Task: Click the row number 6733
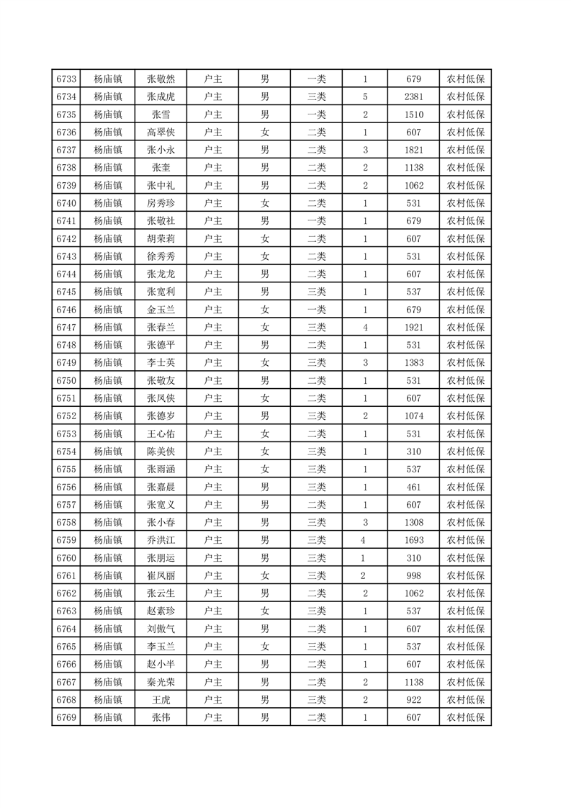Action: tap(66, 79)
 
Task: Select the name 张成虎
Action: tap(161, 97)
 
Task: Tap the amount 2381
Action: tap(413, 97)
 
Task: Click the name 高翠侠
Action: tap(161, 133)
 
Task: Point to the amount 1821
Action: tap(413, 150)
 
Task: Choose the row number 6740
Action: tap(66, 203)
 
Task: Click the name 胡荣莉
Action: tap(161, 238)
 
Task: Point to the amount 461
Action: tap(413, 486)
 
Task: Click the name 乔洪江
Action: tap(161, 539)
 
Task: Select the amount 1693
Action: tap(413, 539)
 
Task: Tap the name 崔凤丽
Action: tap(161, 575)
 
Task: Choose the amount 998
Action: tap(413, 575)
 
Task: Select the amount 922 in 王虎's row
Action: tap(413, 699)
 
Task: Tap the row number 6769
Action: tap(66, 717)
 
